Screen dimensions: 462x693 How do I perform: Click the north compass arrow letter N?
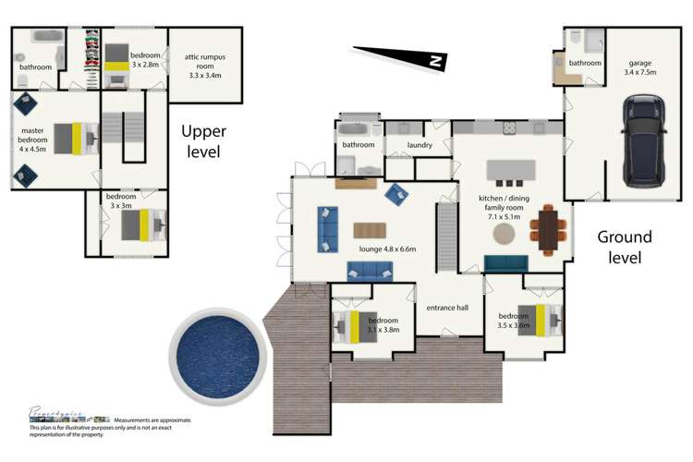(433, 61)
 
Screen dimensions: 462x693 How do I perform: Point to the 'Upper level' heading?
(200, 141)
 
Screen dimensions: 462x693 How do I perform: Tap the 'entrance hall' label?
(448, 309)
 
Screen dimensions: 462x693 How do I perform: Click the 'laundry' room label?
(419, 145)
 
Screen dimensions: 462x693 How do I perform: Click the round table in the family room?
(505, 233)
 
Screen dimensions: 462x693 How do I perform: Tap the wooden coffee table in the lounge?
(371, 230)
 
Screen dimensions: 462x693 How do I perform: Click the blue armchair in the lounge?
(397, 194)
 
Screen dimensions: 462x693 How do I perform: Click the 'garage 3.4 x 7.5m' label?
(640, 59)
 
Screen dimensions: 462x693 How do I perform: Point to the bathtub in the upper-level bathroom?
(45, 38)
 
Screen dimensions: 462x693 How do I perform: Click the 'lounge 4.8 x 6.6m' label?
(387, 249)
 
